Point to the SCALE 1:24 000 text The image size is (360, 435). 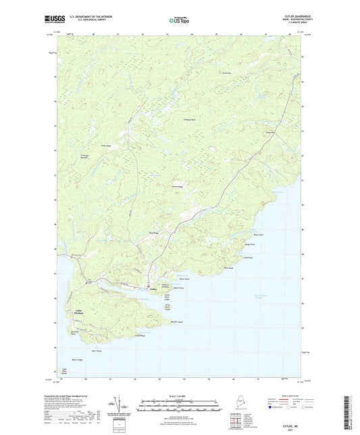tap(180, 396)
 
